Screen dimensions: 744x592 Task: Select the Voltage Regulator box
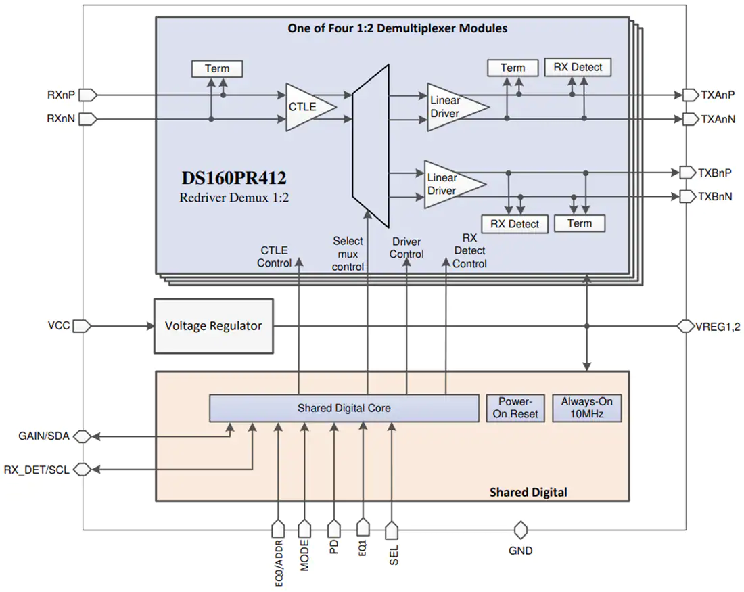(214, 326)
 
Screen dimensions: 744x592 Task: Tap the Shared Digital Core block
(344, 408)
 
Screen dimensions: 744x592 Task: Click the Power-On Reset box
(515, 408)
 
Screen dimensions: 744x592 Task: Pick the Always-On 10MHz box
(587, 408)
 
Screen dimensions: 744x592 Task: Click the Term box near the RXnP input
(217, 69)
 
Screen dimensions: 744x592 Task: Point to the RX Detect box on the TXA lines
(578, 68)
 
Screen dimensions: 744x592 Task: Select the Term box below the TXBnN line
(580, 223)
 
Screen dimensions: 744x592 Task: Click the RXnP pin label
(61, 95)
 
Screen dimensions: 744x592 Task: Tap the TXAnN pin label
(718, 119)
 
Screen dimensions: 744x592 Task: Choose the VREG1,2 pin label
(718, 327)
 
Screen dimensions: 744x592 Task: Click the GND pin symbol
(521, 530)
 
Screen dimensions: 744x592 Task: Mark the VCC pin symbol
(82, 326)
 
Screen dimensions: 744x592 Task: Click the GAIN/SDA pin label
(44, 436)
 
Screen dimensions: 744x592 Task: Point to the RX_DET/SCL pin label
(37, 470)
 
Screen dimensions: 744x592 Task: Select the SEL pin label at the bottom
(394, 555)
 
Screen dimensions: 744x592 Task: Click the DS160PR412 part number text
(234, 178)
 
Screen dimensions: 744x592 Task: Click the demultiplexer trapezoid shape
(371, 145)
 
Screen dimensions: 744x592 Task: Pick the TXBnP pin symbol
(688, 173)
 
